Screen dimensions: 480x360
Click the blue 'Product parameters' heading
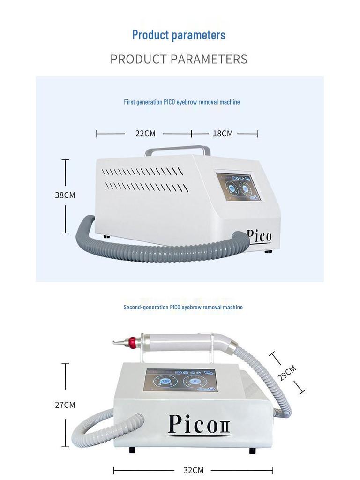179,35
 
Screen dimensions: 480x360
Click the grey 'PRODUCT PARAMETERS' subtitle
179,60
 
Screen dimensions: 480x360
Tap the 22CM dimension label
145,134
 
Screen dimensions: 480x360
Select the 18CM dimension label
223,134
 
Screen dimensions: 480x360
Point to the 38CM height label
65,195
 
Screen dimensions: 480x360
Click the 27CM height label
65,405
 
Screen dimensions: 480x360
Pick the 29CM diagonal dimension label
287,373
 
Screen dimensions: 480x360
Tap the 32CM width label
193,470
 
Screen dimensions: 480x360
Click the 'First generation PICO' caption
182,102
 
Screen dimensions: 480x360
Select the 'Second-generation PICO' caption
183,307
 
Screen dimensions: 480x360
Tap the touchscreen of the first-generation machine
238,187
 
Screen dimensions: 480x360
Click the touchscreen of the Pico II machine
181,380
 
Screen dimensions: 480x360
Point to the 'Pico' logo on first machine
259,235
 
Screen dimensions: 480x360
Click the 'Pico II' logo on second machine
199,424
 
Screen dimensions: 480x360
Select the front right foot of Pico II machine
253,450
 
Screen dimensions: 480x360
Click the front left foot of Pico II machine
132,450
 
